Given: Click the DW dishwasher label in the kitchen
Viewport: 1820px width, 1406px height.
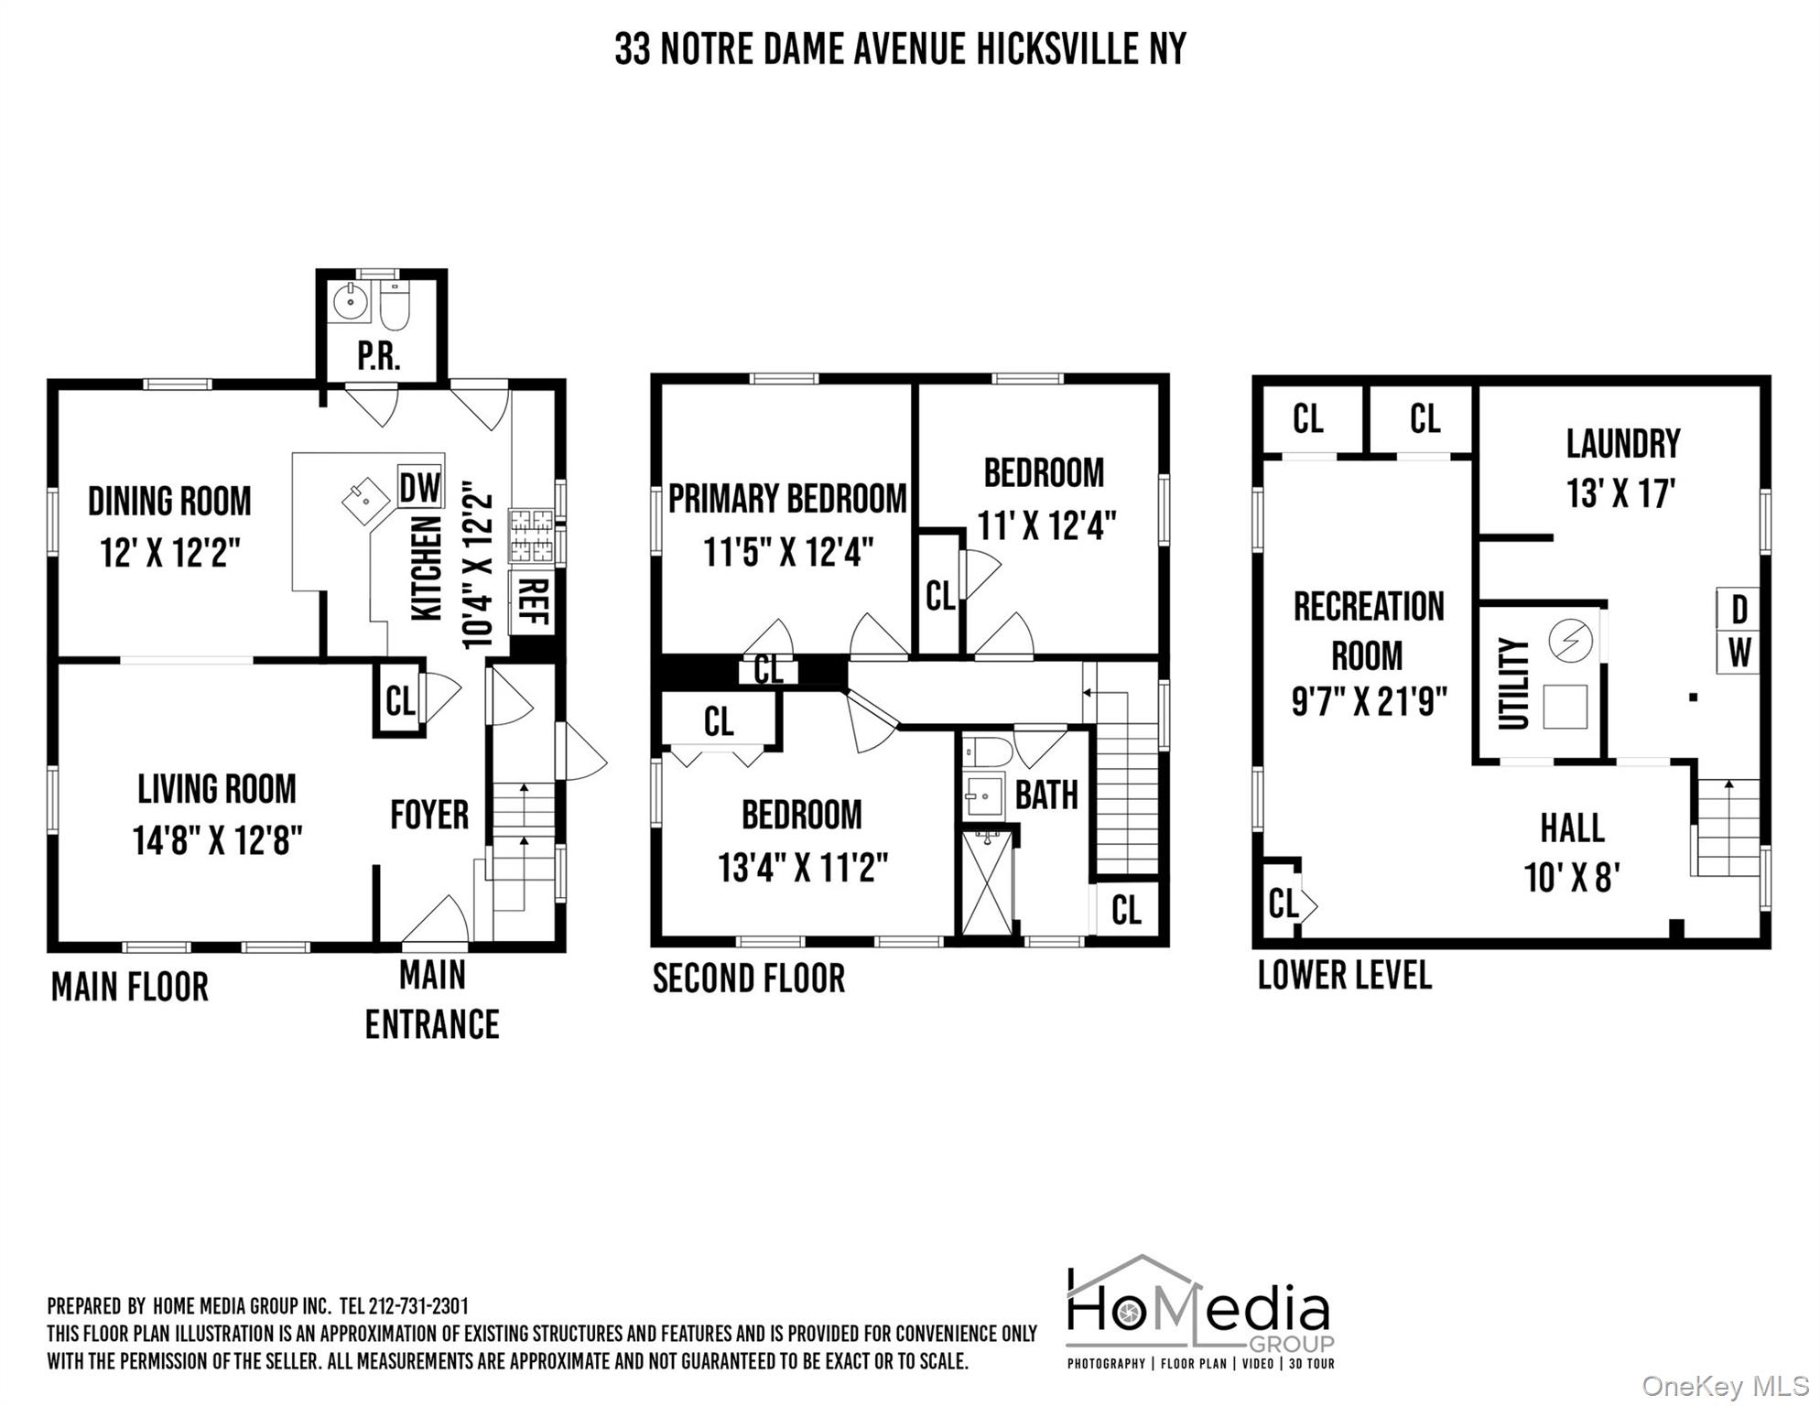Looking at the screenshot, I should [420, 488].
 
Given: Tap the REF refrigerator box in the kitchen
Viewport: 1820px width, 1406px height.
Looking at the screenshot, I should [532, 601].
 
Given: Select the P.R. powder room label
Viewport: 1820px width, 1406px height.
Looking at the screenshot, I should [379, 356].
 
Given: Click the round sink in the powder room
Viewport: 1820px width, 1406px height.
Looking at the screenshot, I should [350, 301].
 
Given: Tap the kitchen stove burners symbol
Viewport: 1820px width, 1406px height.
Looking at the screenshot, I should [531, 535].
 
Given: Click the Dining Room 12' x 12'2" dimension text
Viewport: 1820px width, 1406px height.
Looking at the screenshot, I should [170, 553].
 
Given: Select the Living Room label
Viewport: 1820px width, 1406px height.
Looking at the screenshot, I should [217, 789].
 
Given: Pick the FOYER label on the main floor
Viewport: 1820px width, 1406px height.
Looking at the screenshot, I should [428, 815].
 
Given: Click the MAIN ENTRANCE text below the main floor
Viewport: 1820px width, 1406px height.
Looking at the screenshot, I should [432, 1000].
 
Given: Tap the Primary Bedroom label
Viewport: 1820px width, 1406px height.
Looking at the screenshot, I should [787, 500].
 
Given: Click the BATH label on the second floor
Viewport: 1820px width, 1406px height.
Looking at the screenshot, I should [1046, 795].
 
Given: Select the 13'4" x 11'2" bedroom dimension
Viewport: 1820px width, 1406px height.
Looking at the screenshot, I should [803, 867].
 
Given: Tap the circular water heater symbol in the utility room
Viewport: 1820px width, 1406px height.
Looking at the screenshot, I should [1571, 639].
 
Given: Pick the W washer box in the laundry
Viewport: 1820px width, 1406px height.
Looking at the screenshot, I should [1739, 653].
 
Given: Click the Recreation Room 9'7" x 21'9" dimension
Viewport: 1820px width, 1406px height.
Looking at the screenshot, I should [1369, 702].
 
